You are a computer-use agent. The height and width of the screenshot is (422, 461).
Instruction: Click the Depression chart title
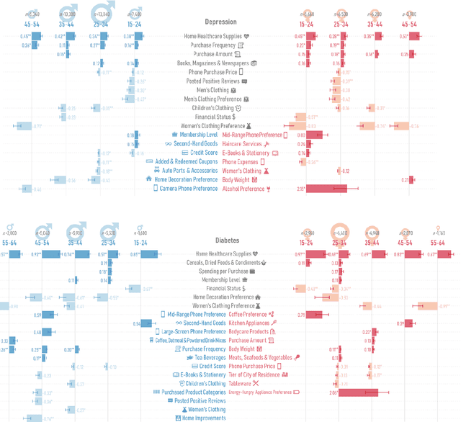click(220, 22)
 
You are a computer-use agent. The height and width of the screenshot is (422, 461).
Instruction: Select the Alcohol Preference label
click(243, 189)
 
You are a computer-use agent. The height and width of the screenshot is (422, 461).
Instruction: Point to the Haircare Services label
click(242, 144)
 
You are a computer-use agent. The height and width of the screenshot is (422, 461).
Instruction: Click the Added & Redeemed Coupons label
click(186, 162)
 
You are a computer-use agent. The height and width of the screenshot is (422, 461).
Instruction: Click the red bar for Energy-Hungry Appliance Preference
click(357, 392)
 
